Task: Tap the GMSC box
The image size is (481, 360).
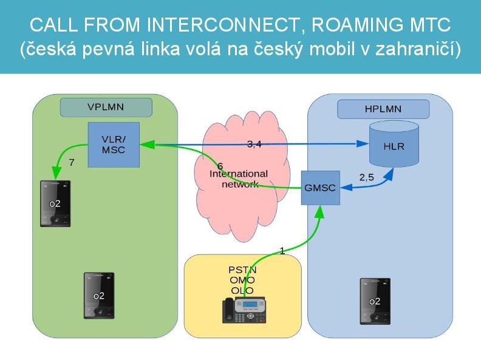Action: tap(319, 188)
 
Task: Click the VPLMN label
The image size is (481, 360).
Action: tap(106, 107)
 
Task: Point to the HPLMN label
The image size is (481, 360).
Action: tap(383, 109)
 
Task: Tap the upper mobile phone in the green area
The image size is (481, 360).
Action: tap(55, 203)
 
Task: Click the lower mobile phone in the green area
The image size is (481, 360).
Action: tap(98, 295)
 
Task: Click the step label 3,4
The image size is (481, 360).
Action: tap(254, 144)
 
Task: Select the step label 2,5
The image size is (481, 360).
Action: tap(367, 177)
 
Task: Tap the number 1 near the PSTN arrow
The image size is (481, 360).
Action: tap(282, 250)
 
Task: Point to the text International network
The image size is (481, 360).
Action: tap(239, 179)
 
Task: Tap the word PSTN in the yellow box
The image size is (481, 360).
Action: tap(242, 270)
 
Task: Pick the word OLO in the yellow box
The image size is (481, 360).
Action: tap(242, 290)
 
